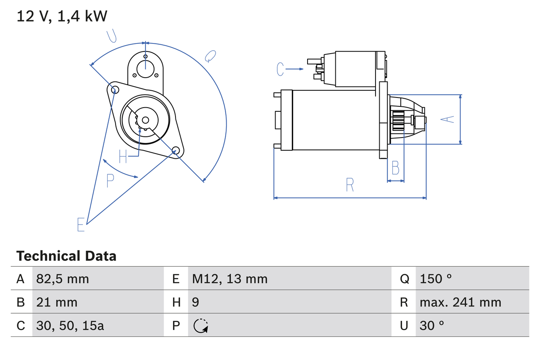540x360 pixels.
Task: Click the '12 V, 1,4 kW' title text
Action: (62, 16)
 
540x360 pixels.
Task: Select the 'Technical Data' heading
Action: (66, 256)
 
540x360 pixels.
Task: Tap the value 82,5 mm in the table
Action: (62, 279)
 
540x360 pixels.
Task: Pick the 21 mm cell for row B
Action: (57, 302)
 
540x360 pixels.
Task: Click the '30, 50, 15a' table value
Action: (70, 326)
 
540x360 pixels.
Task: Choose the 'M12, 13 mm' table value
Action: (229, 279)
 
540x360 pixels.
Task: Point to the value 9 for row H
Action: (196, 302)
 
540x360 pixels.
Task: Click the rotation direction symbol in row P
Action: (201, 326)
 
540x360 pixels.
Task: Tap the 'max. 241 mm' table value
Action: (460, 302)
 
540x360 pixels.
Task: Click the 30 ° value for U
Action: (432, 326)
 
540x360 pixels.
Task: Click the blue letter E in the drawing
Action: (81, 225)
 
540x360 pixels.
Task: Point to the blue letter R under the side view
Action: (350, 185)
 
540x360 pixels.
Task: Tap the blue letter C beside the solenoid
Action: (281, 69)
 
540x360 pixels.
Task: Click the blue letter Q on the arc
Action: (210, 56)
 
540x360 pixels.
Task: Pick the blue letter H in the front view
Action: (123, 157)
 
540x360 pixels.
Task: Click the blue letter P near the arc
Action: (110, 181)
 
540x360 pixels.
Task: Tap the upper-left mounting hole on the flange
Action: (113, 89)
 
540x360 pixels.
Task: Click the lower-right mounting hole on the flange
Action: (176, 150)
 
